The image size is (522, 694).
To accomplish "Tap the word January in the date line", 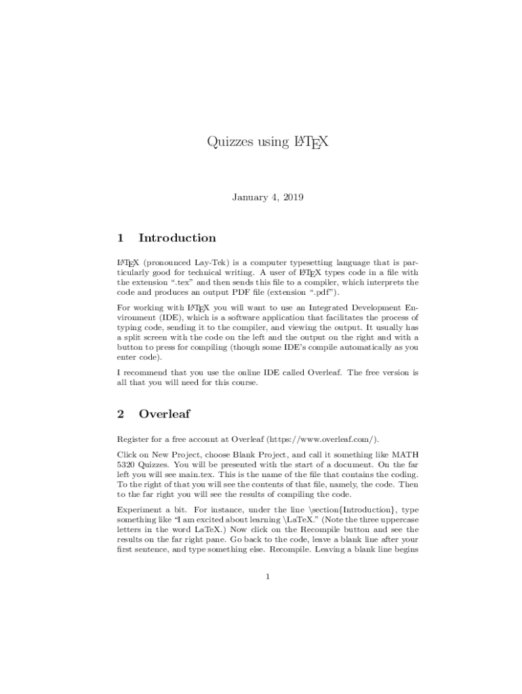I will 251,197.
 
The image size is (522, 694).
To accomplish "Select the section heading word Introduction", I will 177,238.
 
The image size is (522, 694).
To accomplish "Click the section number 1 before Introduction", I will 120,238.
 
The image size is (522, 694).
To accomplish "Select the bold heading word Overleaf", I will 164,413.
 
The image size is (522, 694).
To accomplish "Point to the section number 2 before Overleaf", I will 120,413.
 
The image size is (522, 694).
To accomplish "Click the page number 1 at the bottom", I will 268,577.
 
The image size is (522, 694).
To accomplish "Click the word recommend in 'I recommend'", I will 144,373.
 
